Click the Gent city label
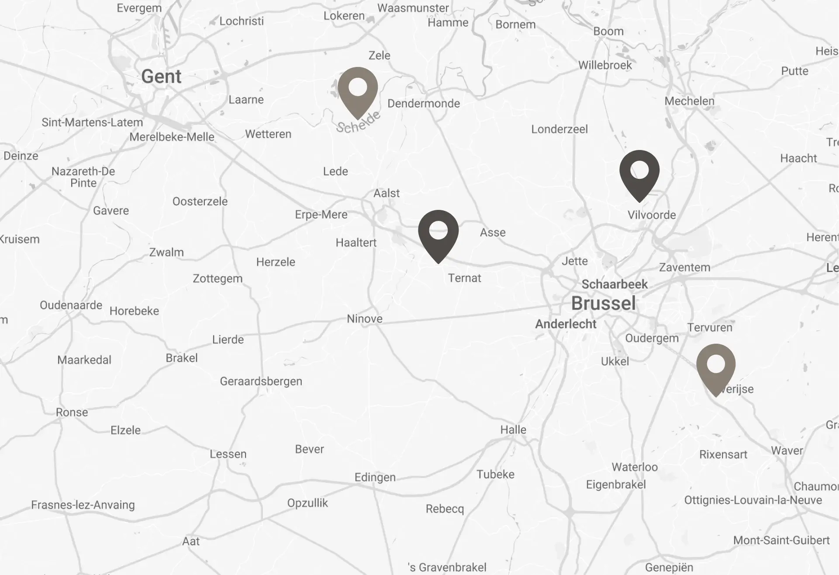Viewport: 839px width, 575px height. [161, 77]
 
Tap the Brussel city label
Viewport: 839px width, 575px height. [603, 303]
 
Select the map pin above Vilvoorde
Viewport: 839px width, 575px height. [639, 173]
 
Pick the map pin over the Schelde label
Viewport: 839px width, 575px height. [358, 90]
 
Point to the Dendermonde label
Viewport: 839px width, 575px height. [424, 104]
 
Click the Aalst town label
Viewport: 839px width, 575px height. [387, 193]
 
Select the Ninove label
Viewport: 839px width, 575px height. [365, 319]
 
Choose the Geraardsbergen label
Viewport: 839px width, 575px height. [261, 381]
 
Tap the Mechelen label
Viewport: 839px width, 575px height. [689, 101]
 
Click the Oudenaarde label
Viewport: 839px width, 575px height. [71, 305]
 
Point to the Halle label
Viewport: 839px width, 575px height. [513, 429]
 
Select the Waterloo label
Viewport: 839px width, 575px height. [635, 467]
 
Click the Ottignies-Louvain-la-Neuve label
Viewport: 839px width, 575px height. [753, 500]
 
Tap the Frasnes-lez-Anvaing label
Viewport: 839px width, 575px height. [83, 505]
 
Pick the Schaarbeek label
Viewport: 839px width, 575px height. [615, 284]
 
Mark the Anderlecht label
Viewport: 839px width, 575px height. [566, 324]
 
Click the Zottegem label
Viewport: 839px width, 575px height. [218, 279]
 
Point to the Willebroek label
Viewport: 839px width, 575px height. [605, 65]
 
